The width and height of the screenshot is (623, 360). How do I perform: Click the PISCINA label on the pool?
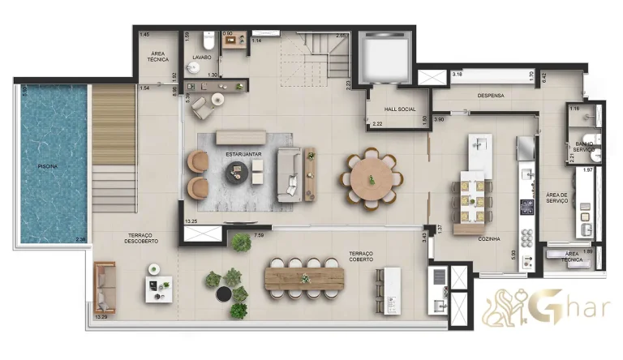click(x=48, y=166)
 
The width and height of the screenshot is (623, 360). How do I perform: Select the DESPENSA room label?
click(x=491, y=96)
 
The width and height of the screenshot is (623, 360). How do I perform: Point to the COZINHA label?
click(x=488, y=239)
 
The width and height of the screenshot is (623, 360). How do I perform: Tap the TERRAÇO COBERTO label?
click(x=361, y=256)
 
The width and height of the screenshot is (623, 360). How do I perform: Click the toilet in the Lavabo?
click(x=208, y=39)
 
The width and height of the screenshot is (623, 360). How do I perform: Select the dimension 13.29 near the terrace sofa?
click(x=101, y=317)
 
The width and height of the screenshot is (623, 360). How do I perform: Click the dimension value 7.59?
click(x=259, y=236)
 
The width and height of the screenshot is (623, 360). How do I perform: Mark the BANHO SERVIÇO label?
click(x=585, y=148)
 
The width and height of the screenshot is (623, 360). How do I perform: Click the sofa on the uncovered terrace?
click(x=105, y=288)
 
